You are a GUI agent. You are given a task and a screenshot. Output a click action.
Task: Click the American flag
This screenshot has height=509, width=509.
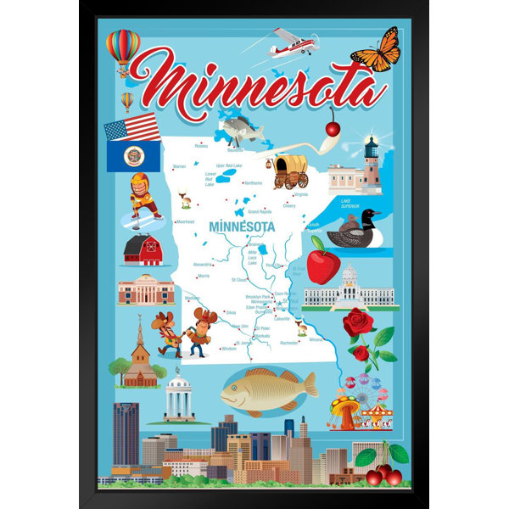[131, 128]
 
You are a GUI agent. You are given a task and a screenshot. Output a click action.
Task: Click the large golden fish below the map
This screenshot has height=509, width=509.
[268, 390]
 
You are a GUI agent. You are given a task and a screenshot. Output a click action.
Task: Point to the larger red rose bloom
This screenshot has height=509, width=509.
[359, 322]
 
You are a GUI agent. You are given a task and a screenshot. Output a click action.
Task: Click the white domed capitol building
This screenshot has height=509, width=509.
[350, 288]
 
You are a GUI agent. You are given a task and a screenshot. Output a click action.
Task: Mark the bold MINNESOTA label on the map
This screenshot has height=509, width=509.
[242, 227]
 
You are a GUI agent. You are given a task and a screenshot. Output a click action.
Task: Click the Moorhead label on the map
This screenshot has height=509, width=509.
[184, 221]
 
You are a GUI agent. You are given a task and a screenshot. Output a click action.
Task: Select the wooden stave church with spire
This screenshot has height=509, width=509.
[140, 356]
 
